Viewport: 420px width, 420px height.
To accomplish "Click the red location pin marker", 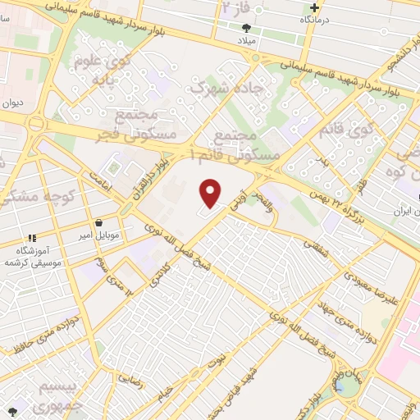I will click(x=211, y=193).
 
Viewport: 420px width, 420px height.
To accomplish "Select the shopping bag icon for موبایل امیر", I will click(x=99, y=222).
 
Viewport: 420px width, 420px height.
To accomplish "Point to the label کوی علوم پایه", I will click(x=103, y=71).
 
